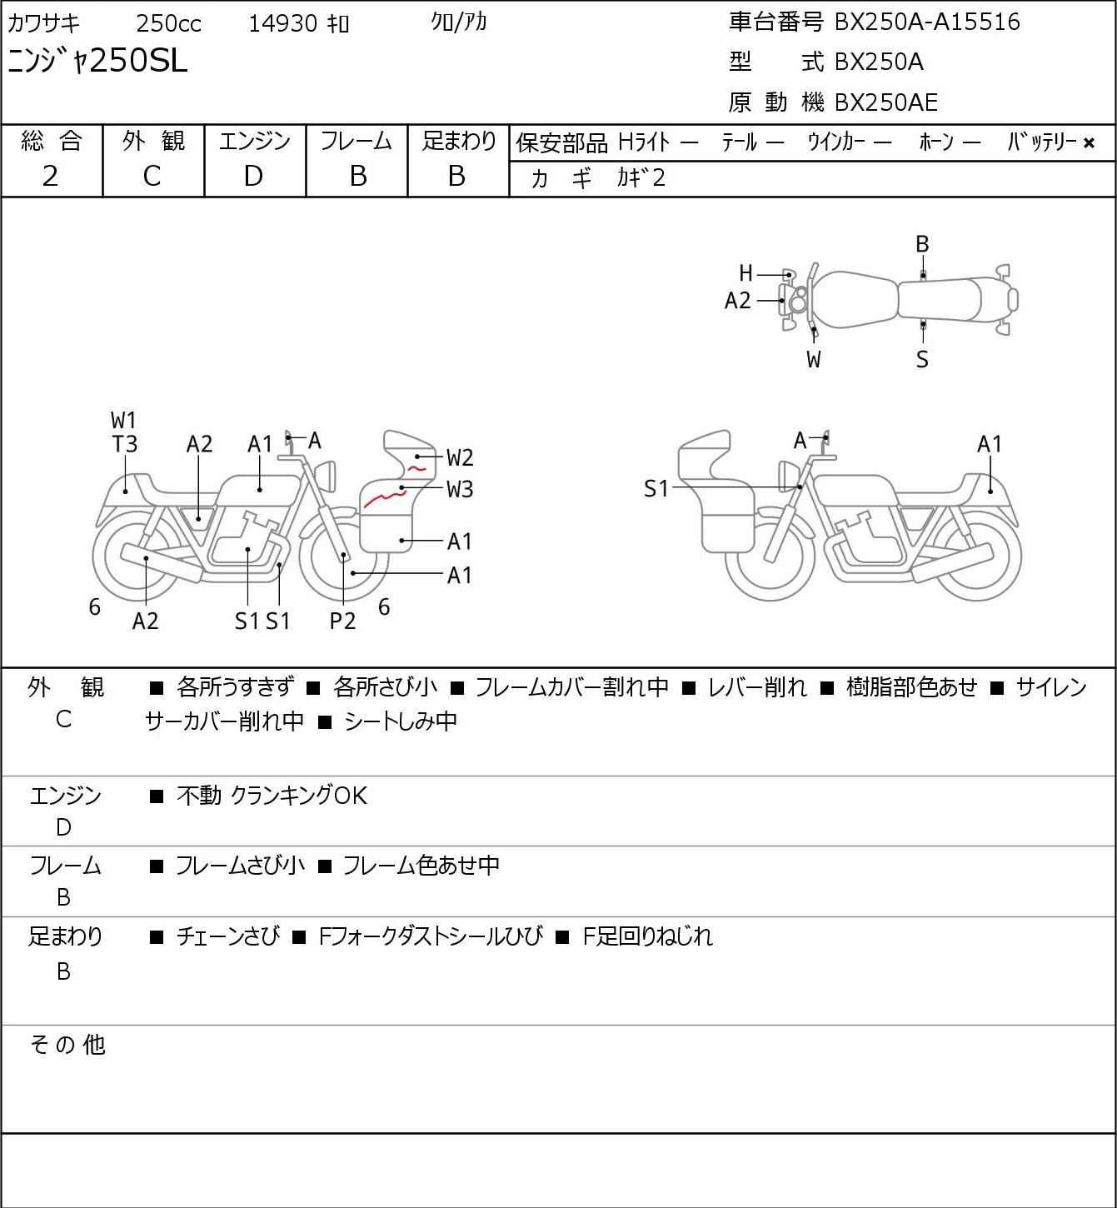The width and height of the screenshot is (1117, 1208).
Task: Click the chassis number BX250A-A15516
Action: [x=926, y=22]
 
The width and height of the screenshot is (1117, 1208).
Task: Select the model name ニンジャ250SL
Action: [x=97, y=61]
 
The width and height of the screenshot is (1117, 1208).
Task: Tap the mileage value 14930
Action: [x=282, y=23]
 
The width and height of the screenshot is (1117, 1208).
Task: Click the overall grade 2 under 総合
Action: [x=50, y=176]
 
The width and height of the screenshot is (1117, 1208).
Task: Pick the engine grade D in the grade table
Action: [x=253, y=176]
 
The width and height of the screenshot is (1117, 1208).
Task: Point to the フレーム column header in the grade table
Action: [x=356, y=141]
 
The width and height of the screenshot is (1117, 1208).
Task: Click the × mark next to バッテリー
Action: [x=1089, y=142]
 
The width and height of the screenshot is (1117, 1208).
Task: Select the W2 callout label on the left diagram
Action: [x=460, y=457]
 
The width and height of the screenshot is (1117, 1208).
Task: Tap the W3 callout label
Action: [x=460, y=489]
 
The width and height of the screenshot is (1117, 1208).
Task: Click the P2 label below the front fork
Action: [x=342, y=621]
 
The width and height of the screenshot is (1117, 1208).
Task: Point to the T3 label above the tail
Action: [x=125, y=444]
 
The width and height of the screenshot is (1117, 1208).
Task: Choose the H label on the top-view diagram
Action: [x=745, y=273]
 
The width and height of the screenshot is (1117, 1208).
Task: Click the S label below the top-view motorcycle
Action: [x=922, y=360]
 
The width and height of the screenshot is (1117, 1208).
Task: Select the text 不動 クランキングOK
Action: [x=272, y=796]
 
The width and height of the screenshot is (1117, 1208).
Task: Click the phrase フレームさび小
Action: [x=240, y=866]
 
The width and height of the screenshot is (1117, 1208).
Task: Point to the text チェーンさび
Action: [x=228, y=936]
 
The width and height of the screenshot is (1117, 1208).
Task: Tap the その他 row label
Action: [x=67, y=1045]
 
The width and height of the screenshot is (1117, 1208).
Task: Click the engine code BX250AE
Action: [x=885, y=102]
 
